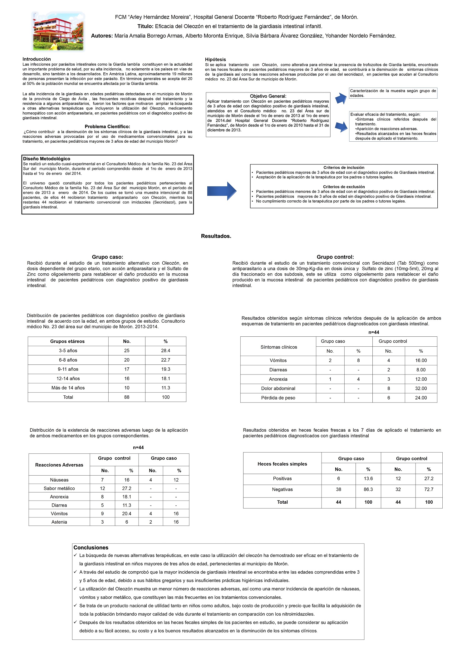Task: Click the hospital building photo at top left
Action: (58, 31)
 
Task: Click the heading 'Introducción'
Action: (37, 59)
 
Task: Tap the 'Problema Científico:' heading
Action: (107, 126)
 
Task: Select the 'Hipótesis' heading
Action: (215, 59)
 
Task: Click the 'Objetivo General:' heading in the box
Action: (268, 96)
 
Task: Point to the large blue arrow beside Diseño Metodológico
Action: (222, 191)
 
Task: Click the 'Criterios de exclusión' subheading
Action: (344, 187)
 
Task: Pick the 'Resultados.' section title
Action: (216, 236)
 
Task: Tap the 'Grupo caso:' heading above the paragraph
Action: (107, 257)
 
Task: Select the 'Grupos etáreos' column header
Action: (67, 341)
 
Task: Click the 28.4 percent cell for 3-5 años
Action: (165, 350)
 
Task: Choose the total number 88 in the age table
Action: (127, 397)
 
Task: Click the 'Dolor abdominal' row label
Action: (278, 388)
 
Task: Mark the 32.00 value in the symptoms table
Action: (421, 388)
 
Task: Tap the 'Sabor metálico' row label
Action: (59, 488)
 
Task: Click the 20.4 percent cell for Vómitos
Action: (127, 513)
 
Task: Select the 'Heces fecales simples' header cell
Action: (282, 464)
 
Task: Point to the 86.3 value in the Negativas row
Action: (368, 489)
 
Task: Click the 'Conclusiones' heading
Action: (91, 548)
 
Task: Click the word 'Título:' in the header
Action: (145, 26)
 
